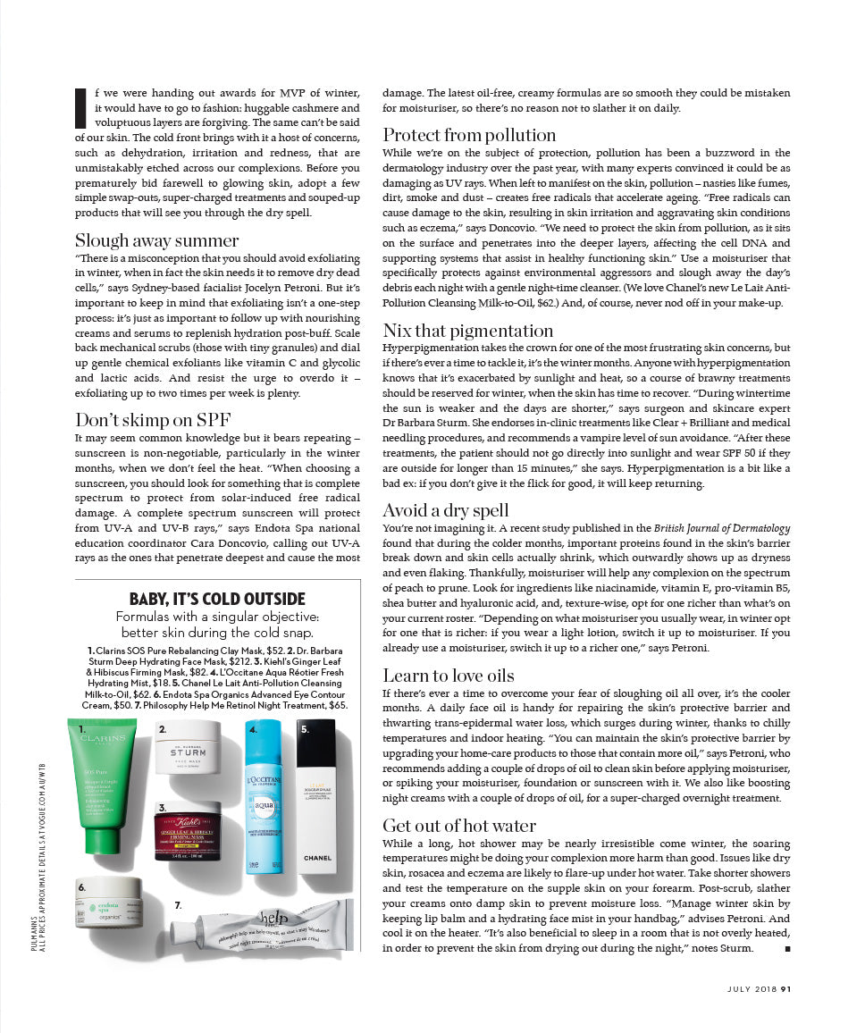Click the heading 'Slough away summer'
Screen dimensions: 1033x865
click(x=157, y=240)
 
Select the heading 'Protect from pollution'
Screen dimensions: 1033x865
click(x=469, y=135)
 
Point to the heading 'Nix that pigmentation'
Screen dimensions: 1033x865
click(x=468, y=331)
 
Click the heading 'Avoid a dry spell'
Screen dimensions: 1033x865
click(x=446, y=510)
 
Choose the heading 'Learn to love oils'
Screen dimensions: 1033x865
click(x=449, y=675)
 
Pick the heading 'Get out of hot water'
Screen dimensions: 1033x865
click(x=459, y=825)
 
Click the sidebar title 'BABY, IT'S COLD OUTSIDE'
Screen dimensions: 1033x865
click(x=217, y=599)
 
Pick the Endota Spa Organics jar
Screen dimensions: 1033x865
click(x=111, y=902)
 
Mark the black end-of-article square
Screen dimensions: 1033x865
click(x=786, y=948)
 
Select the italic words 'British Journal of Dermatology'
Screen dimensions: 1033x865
click(x=722, y=529)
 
